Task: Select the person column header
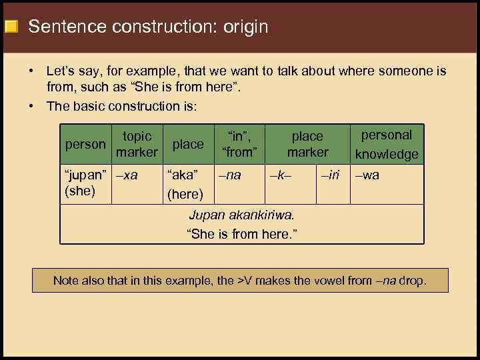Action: point(85,144)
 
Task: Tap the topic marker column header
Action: point(137,144)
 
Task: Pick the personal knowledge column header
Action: point(387,144)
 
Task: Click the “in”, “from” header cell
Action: point(239,144)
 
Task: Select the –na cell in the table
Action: point(231,175)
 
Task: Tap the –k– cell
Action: point(281,175)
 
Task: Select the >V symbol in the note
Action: point(245,281)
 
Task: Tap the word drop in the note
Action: point(412,281)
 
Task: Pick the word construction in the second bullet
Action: point(145,106)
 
